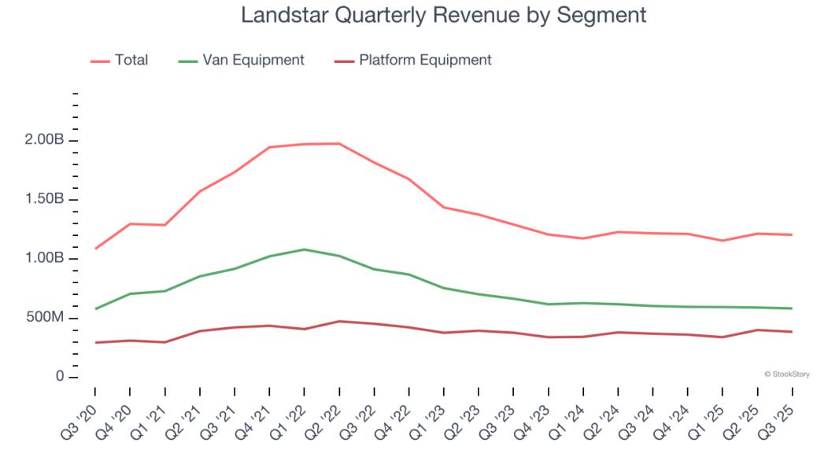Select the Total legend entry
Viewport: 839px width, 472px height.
(x=131, y=60)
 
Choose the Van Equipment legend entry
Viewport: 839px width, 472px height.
(x=253, y=60)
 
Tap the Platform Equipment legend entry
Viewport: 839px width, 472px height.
(x=425, y=60)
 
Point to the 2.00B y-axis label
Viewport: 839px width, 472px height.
(x=44, y=140)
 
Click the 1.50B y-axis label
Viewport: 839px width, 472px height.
(x=44, y=200)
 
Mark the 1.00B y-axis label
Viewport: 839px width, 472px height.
(x=44, y=259)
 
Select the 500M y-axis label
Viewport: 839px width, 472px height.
(x=46, y=318)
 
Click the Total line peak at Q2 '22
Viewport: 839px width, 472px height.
(x=339, y=143)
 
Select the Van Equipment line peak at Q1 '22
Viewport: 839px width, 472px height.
(x=305, y=249)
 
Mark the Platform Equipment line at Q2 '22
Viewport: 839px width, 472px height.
(x=339, y=321)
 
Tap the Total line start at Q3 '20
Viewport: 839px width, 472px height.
(x=95, y=249)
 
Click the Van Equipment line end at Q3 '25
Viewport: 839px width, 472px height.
(x=792, y=308)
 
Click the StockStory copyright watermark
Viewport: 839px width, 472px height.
(x=786, y=374)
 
